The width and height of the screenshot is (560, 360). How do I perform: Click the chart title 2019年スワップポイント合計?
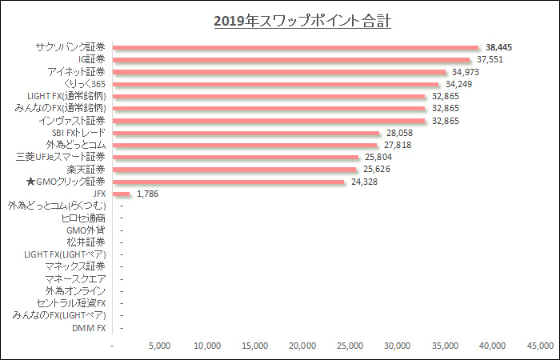tap(302, 20)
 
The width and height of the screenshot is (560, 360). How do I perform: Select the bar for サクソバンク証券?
tap(296, 47)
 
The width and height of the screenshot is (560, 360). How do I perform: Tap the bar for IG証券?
tap(292, 59)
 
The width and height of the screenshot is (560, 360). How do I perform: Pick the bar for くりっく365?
tap(276, 84)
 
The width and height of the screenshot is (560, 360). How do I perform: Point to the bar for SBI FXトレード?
tap(246, 133)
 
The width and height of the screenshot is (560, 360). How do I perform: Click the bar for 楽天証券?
tap(235, 170)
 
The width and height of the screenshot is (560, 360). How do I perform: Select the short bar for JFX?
tap(122, 194)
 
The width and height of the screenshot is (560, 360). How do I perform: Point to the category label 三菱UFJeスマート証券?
tap(60, 158)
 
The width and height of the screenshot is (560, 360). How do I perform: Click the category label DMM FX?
tap(89, 327)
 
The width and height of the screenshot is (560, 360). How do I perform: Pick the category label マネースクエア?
tap(75, 278)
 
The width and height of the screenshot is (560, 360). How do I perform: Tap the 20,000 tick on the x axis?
tap(302, 346)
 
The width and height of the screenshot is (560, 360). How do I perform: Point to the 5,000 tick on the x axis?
tap(160, 346)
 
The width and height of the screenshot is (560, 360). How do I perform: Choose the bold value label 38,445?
tap(500, 47)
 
